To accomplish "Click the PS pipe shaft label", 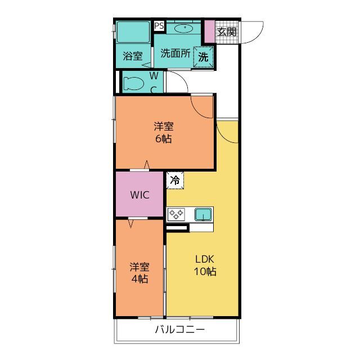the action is (159, 26).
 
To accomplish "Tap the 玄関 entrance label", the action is (227, 31).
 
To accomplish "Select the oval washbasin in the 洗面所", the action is (183, 28).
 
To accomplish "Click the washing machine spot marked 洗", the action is (203, 57).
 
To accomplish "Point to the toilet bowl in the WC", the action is (133, 83).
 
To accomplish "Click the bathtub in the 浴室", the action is (133, 32).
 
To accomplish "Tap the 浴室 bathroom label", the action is (133, 56).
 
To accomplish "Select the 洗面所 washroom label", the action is (175, 53).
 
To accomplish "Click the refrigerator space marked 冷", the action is (175, 180).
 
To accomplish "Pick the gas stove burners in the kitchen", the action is (176, 214).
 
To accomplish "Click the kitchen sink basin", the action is (203, 214).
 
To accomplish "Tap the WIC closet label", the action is (140, 195).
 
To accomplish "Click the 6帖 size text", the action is (164, 139).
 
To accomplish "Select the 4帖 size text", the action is (139, 279).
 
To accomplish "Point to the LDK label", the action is (205, 259).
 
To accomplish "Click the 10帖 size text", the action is (205, 271).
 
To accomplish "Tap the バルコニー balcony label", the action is (180, 330).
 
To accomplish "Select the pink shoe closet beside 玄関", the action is (210, 31).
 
